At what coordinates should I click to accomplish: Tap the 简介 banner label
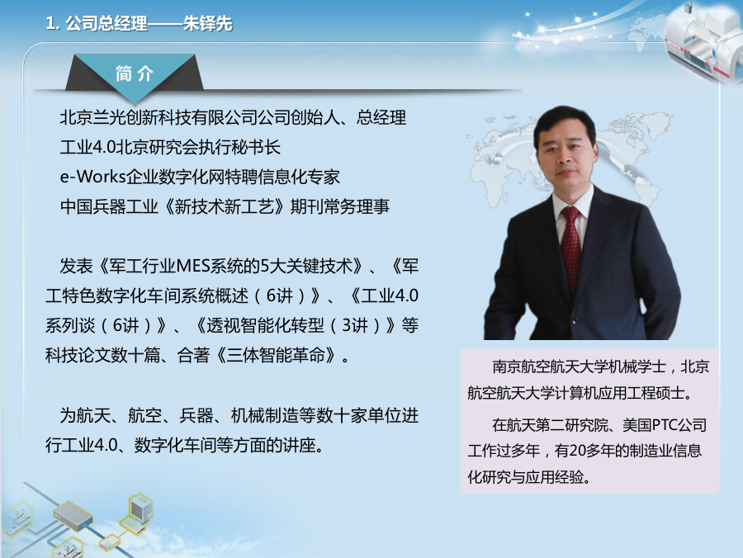pyautogui.click(x=135, y=73)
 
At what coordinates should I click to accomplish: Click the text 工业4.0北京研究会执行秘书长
pyautogui.click(x=171, y=148)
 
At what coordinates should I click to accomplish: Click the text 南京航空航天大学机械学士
pyautogui.click(x=578, y=366)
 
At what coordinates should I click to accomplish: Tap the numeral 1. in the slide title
pyautogui.click(x=53, y=24)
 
